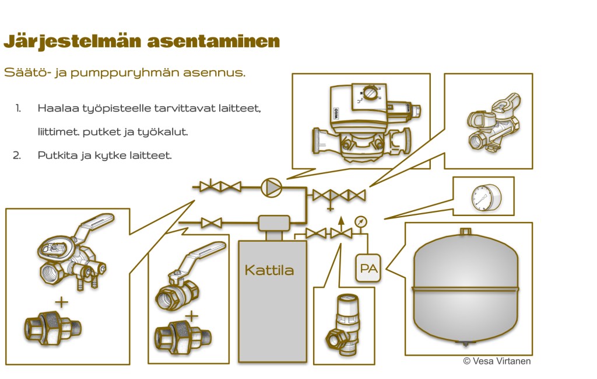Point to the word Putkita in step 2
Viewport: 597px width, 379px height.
[55, 155]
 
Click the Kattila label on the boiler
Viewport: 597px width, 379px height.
[269, 270]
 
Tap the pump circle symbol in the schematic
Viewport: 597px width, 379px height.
[271, 187]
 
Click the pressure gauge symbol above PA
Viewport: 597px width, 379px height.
[361, 222]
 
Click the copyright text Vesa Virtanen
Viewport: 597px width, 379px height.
[497, 361]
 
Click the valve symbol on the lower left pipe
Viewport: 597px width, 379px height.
[211, 222]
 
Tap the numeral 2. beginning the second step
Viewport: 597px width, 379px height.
[17, 155]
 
